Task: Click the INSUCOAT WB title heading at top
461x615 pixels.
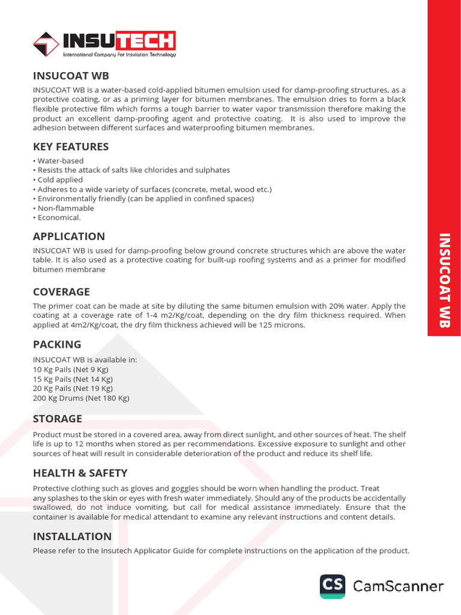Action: click(x=71, y=76)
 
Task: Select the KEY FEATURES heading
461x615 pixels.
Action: click(x=71, y=147)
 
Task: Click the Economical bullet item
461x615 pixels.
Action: click(x=59, y=218)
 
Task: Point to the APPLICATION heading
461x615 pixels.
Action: click(x=68, y=236)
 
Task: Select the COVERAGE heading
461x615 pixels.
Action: click(x=61, y=292)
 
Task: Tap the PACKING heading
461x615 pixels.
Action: click(x=57, y=345)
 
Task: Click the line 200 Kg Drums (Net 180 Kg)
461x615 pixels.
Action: click(x=81, y=398)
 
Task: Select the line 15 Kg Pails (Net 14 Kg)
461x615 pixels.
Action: click(x=73, y=379)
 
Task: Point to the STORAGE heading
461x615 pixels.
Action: click(x=58, y=419)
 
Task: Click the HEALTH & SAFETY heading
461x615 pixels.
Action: click(x=80, y=473)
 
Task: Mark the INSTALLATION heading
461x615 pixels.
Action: click(x=72, y=536)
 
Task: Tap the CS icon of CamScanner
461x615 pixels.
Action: click(x=333, y=586)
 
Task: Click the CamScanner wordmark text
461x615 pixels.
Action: click(x=398, y=586)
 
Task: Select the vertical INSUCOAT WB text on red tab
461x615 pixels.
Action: click(x=444, y=280)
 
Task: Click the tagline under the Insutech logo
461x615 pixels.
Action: click(x=119, y=55)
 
